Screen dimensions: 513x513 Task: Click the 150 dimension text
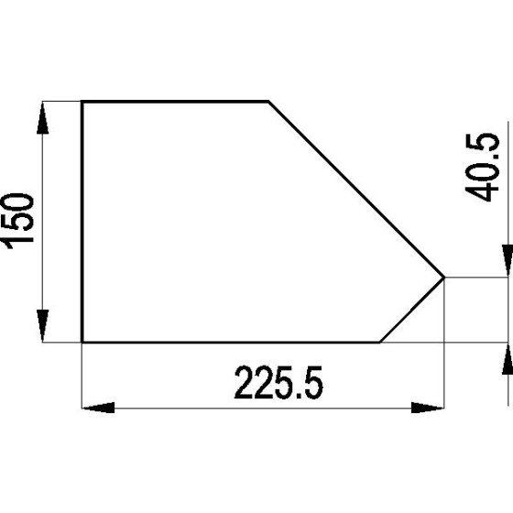point(18,220)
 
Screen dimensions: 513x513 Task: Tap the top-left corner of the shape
point(82,102)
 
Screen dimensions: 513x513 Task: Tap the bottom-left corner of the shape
point(82,343)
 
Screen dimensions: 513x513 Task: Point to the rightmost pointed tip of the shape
point(445,277)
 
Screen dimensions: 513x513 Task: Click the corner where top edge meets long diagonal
point(268,102)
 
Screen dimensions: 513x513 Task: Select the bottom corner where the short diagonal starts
point(380,343)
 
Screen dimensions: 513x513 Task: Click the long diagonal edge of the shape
point(357,190)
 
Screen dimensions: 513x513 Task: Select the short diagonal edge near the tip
point(413,310)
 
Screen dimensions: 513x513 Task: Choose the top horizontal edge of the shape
point(174,102)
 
